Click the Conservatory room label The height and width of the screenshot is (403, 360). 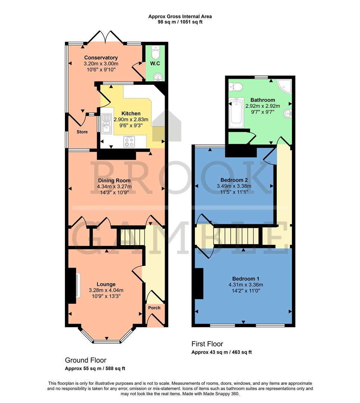pyautogui.click(x=101, y=58)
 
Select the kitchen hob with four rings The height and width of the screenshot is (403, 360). pyautogui.click(x=130, y=141)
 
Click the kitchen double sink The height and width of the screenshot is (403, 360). pyautogui.click(x=106, y=123)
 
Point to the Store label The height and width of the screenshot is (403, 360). pyautogui.click(x=82, y=132)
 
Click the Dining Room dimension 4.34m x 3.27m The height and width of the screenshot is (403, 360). pyautogui.click(x=117, y=187)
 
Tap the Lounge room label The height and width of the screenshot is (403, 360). pyautogui.click(x=106, y=284)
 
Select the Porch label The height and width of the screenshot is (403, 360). pyautogui.click(x=154, y=308)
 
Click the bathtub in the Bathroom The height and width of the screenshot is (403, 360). pyautogui.click(x=236, y=111)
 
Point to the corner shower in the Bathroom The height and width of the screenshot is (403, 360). pyautogui.click(x=284, y=86)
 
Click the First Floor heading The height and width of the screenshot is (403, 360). pyautogui.click(x=208, y=344)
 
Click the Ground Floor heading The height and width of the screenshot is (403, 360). pyautogui.click(x=86, y=360)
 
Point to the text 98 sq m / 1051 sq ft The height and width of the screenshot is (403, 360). pyautogui.click(x=180, y=22)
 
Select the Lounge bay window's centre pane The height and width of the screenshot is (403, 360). pyautogui.click(x=106, y=342)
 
